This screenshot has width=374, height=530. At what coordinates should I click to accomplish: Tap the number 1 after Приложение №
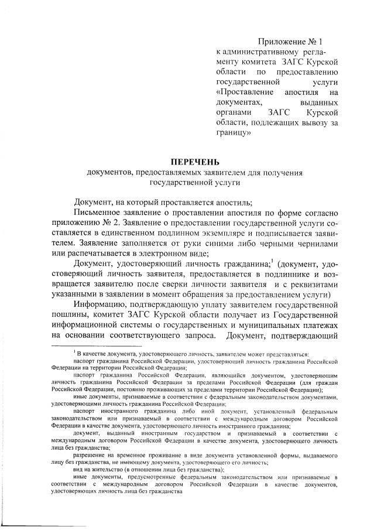tap(320, 42)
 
